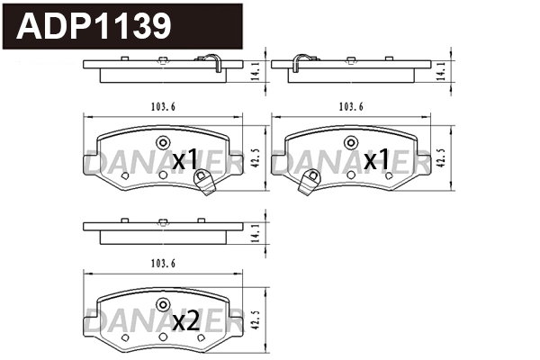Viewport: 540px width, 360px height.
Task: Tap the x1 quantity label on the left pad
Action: (184, 160)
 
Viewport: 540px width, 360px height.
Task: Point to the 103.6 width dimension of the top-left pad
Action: (163, 107)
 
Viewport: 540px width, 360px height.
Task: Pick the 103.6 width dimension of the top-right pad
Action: (352, 107)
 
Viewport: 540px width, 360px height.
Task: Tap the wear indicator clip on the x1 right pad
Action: (306, 184)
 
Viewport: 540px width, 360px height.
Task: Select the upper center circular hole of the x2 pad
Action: (163, 303)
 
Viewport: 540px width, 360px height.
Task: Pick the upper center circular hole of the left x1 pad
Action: (163, 142)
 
